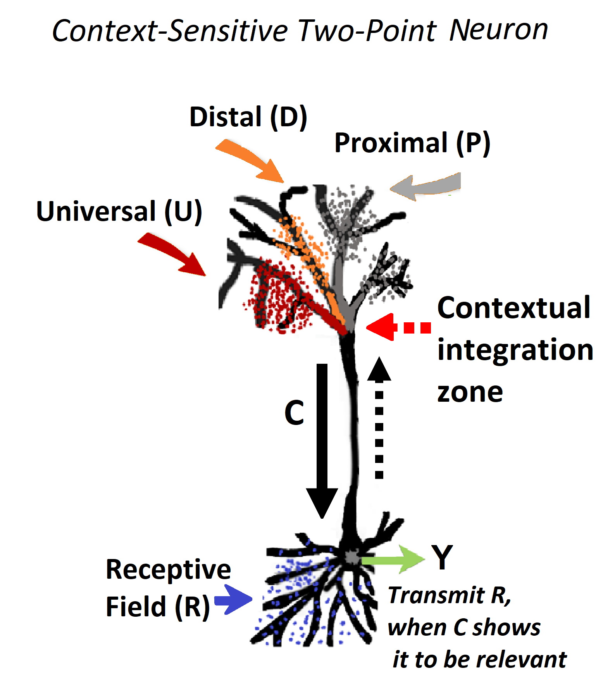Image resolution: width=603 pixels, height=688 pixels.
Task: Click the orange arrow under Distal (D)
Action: pyautogui.click(x=252, y=161)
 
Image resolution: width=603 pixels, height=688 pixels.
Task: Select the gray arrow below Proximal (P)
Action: pyautogui.click(x=426, y=186)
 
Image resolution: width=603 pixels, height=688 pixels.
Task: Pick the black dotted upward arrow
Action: pyautogui.click(x=379, y=418)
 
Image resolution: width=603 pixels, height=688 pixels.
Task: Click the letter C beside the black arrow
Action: pyautogui.click(x=294, y=413)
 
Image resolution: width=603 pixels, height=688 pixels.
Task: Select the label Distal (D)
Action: pyautogui.click(x=248, y=117)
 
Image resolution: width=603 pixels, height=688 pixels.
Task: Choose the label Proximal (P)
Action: pyautogui.click(x=412, y=143)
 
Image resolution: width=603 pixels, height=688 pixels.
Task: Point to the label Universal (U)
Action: pyautogui.click(x=119, y=212)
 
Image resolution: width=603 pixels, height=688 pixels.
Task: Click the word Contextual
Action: pyautogui.click(x=513, y=308)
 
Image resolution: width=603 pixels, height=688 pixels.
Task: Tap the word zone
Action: pyautogui.click(x=470, y=392)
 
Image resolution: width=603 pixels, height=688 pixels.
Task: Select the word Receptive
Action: pyautogui.click(x=168, y=569)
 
